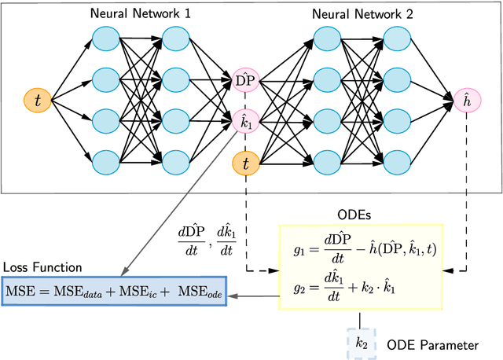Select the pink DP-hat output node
tap(245, 79)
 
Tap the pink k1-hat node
tap(245, 120)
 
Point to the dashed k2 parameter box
tap(362, 343)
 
